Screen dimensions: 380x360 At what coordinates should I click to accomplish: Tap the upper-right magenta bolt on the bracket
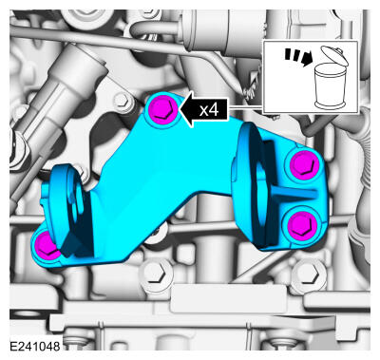[x=303, y=164]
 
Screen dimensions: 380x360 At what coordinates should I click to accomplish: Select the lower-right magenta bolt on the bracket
[x=303, y=224]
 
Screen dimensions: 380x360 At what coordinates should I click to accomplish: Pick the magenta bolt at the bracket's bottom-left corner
[x=47, y=246]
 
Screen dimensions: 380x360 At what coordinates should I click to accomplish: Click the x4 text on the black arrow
[x=209, y=110]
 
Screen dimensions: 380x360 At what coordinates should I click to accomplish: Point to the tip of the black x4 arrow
[x=180, y=109]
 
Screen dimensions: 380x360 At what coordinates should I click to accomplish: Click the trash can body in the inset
[x=330, y=85]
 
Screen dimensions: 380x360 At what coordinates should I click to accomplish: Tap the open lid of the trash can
[x=334, y=56]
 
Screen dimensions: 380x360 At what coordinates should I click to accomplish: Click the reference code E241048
[x=35, y=346]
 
